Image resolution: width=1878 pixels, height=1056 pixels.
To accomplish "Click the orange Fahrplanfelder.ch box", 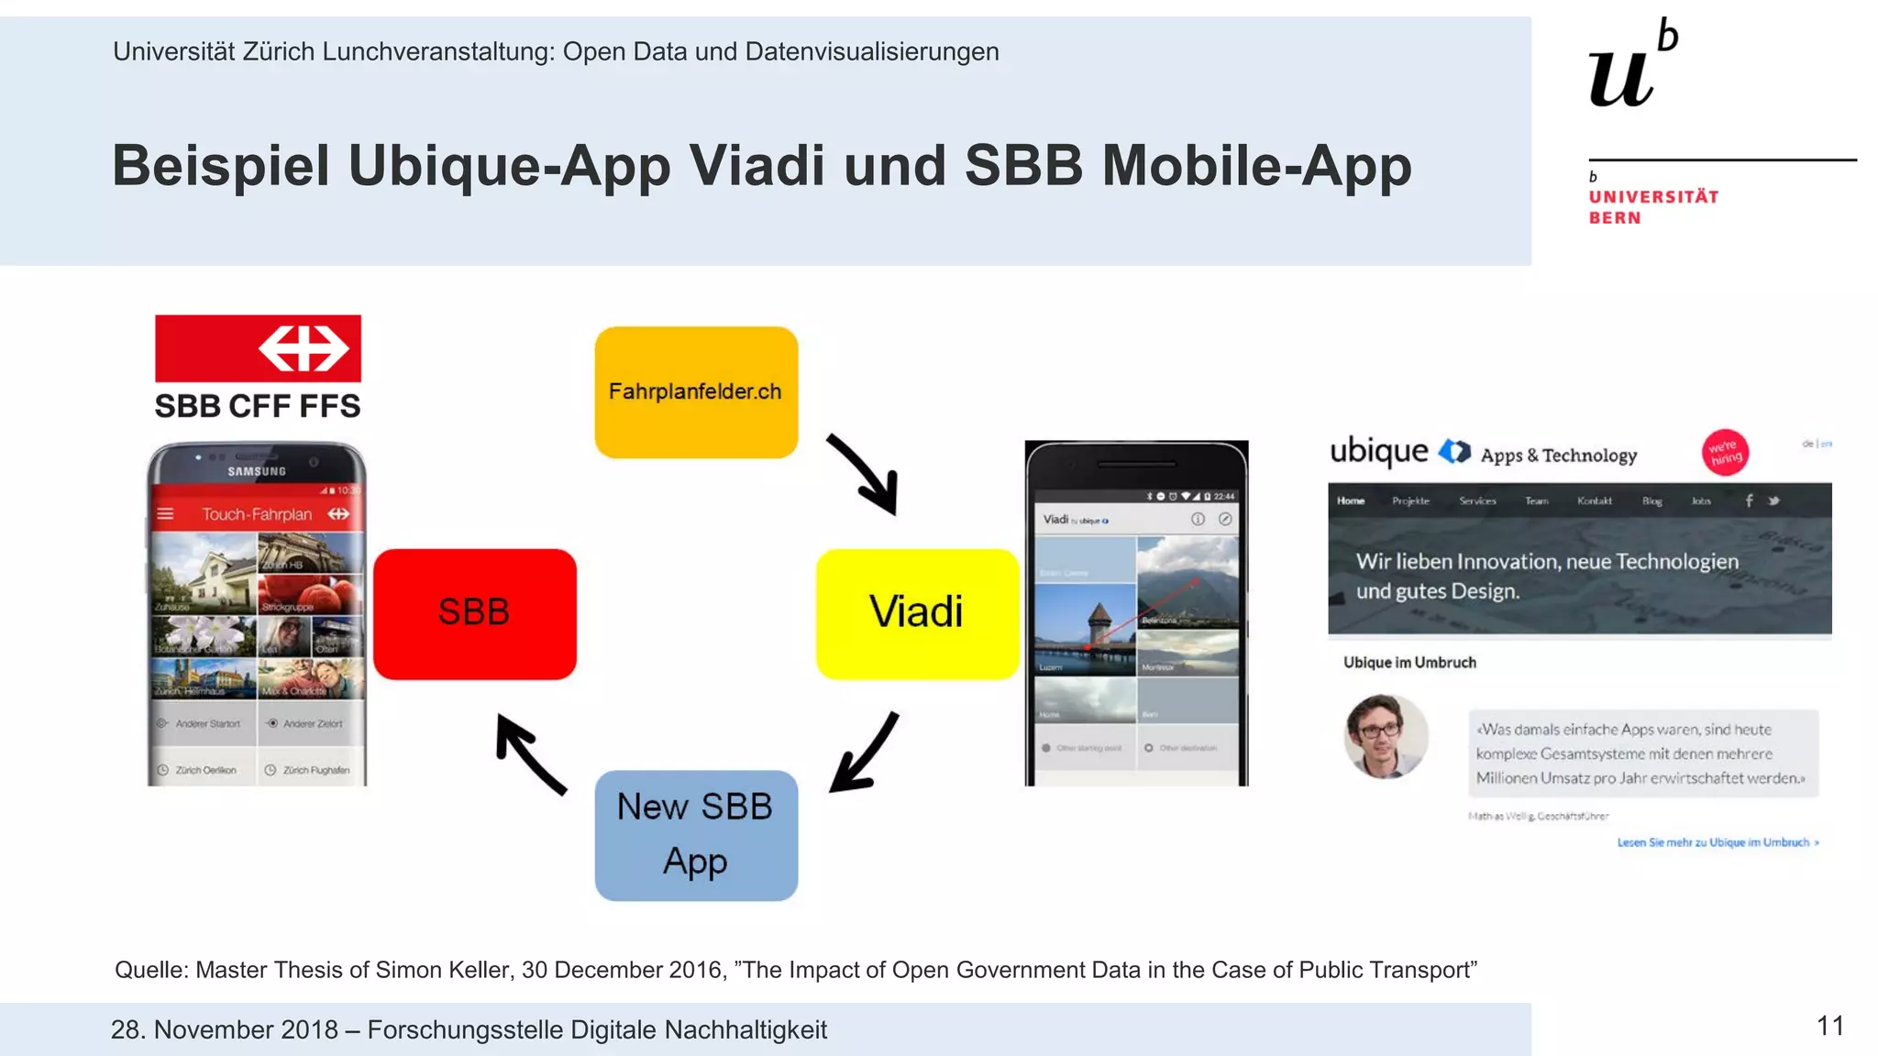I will click(x=696, y=392).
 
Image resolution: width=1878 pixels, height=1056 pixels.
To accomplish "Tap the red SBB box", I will click(x=474, y=613).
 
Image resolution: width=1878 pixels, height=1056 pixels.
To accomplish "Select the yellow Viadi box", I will click(x=917, y=613).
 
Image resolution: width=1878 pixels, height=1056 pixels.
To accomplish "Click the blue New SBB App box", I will click(x=696, y=835).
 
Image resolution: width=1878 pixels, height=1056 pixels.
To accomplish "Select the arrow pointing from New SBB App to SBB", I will click(x=530, y=754).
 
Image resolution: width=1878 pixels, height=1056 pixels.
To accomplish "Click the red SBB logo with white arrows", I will click(x=258, y=348).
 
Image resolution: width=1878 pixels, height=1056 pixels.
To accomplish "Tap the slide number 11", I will click(x=1829, y=1026).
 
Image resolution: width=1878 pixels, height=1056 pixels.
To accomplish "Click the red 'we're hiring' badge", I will click(x=1725, y=452).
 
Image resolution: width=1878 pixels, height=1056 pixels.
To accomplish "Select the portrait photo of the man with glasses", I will click(x=1386, y=737).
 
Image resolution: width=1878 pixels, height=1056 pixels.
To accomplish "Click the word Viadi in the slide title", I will click(x=757, y=166).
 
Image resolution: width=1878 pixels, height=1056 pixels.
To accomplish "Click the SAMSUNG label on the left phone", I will click(x=257, y=471).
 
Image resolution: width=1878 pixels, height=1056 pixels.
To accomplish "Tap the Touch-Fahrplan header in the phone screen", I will click(x=257, y=514).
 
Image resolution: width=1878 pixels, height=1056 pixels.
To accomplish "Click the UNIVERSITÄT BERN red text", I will click(x=1652, y=207).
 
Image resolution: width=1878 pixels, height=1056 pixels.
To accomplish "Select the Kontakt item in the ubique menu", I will click(x=1594, y=500).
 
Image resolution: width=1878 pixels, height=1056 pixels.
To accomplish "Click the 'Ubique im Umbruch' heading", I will click(x=1409, y=663).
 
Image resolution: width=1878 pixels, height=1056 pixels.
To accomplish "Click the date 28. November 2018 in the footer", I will click(x=225, y=1029).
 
